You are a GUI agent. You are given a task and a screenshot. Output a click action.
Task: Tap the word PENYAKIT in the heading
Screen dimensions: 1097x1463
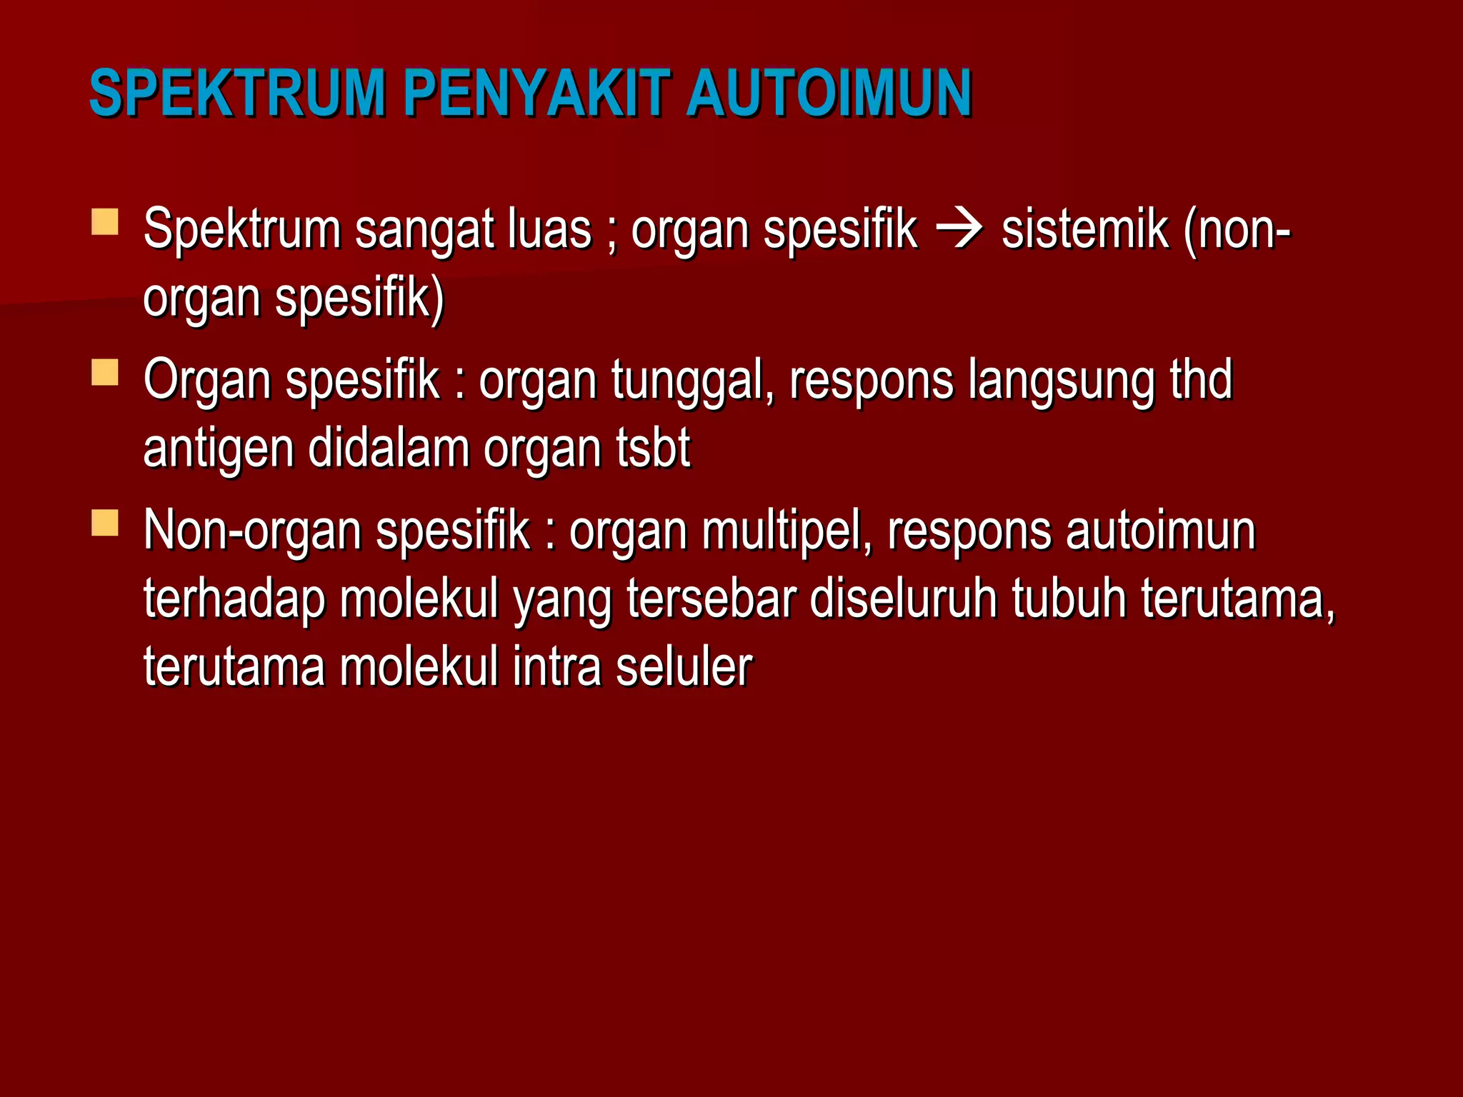click(536, 93)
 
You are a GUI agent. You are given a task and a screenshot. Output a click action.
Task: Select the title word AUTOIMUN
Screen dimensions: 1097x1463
click(829, 93)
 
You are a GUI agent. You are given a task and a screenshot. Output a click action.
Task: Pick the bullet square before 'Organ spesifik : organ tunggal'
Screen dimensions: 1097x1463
click(105, 372)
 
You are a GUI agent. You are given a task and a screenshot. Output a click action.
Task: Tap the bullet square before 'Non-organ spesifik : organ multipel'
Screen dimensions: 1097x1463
click(105, 523)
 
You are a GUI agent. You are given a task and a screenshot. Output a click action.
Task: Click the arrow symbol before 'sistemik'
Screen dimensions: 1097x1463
click(959, 230)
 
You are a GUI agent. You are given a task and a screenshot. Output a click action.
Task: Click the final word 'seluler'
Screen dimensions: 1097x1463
click(684, 666)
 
